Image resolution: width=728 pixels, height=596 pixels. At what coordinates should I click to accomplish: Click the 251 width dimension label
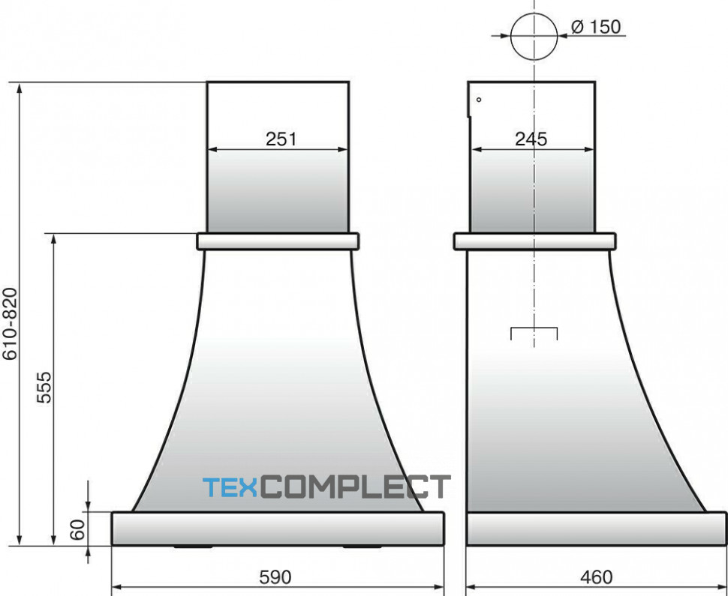[281, 139]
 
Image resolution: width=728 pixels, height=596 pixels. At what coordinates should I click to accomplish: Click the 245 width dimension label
[531, 139]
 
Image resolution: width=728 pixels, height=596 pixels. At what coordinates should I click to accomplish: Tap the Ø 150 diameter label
[596, 27]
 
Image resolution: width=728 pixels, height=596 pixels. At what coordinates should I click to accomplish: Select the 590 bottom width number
[275, 577]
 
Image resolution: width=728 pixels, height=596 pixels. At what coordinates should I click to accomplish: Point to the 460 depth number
[596, 577]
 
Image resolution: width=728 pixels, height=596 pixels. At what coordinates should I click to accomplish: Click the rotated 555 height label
[44, 387]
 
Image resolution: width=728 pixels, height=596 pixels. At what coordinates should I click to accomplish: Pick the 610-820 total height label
[10, 324]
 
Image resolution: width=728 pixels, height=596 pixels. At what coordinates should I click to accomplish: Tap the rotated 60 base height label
[77, 529]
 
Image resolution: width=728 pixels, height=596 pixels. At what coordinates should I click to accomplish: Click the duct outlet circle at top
[534, 36]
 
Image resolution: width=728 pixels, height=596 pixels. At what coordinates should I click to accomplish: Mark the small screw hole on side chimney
[479, 100]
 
